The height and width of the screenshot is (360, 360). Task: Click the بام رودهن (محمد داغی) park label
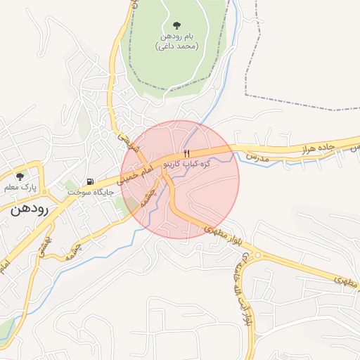coord(176,41)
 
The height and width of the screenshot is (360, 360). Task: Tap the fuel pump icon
coord(90,181)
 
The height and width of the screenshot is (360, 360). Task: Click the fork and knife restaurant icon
coord(186,153)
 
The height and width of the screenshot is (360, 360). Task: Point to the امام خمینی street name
coord(136,172)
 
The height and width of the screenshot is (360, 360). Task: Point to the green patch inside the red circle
coord(131,206)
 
